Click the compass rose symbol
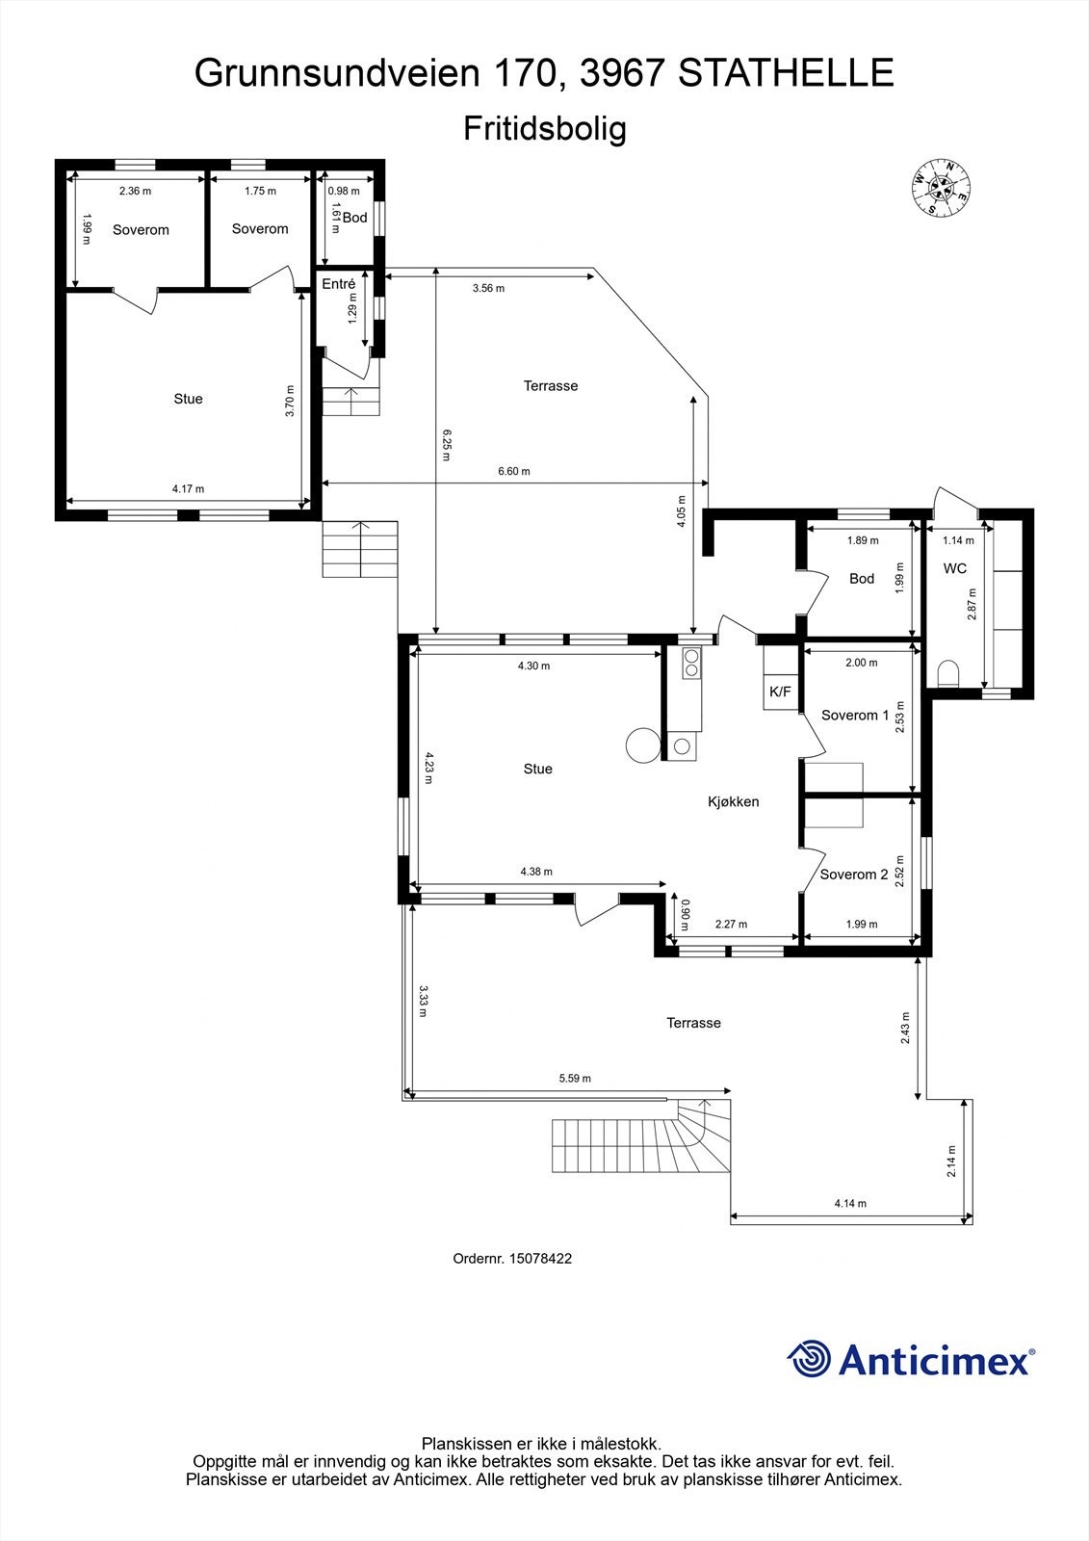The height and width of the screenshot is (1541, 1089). [x=941, y=187]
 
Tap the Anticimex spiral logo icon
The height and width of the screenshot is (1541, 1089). [x=809, y=1360]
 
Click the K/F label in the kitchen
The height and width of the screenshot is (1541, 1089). [x=780, y=692]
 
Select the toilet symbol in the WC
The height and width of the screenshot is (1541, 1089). [x=947, y=672]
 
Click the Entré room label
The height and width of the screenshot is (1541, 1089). [x=338, y=284]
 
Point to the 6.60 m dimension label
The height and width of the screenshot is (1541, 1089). [x=513, y=472]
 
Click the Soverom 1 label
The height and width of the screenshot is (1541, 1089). [x=855, y=716]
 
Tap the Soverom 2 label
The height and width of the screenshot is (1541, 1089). [x=853, y=875]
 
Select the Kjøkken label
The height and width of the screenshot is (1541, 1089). [x=734, y=801]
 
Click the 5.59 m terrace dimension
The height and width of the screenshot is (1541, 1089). [x=575, y=1079]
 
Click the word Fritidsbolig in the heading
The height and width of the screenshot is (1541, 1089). [x=544, y=129]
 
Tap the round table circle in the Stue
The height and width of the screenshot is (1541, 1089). [x=642, y=744]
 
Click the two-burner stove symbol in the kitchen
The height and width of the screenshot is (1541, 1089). [x=691, y=662]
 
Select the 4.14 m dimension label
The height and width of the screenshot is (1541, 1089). [x=849, y=1204]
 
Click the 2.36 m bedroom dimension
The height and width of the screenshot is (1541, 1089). [x=135, y=191]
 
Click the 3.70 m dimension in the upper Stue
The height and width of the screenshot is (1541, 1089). [x=290, y=401]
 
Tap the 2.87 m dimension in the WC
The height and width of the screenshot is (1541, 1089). [x=972, y=605]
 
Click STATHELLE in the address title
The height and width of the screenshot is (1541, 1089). [x=786, y=73]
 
